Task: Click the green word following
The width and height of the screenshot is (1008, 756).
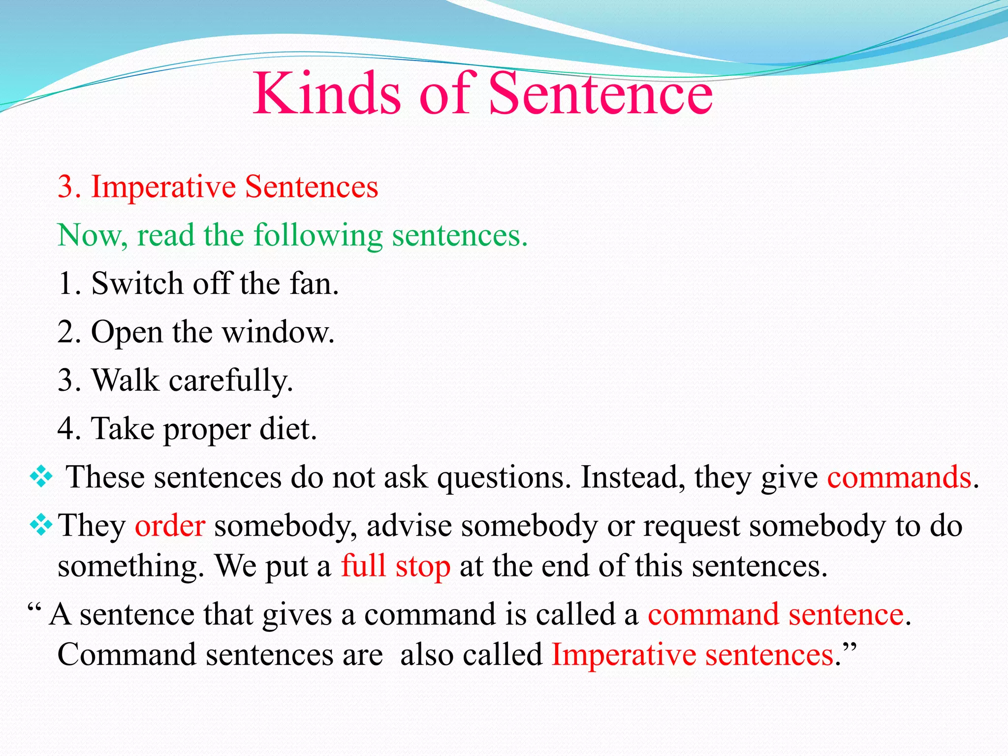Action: pyautogui.click(x=318, y=235)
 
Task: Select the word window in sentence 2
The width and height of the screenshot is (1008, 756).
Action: pyautogui.click(x=278, y=332)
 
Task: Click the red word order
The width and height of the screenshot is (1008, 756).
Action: pyautogui.click(x=170, y=526)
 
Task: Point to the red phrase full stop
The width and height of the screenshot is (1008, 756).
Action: pyautogui.click(x=396, y=566)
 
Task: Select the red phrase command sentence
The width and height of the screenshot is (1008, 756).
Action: pyautogui.click(x=776, y=614)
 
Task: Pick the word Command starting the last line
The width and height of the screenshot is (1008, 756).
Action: pyautogui.click(x=126, y=655)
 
